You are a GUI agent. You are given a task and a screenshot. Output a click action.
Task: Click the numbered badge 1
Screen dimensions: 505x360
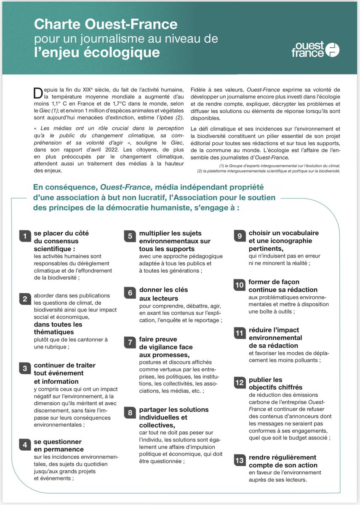click(x=25, y=237)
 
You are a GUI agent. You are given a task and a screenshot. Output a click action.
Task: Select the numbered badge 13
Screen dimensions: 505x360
click(x=240, y=461)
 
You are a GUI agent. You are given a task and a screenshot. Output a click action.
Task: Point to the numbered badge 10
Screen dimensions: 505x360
click(x=240, y=285)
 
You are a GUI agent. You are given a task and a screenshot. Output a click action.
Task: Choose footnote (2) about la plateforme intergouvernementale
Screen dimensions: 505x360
click(x=270, y=171)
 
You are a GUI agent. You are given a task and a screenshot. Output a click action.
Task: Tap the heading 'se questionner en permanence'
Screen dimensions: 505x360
click(x=58, y=446)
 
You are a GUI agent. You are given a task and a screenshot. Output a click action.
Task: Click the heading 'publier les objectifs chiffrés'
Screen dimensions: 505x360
click(x=275, y=383)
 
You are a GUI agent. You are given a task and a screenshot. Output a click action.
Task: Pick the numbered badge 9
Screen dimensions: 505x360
click(x=240, y=237)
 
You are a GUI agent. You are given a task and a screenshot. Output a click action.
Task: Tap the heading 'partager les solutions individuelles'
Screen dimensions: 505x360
click(x=173, y=413)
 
